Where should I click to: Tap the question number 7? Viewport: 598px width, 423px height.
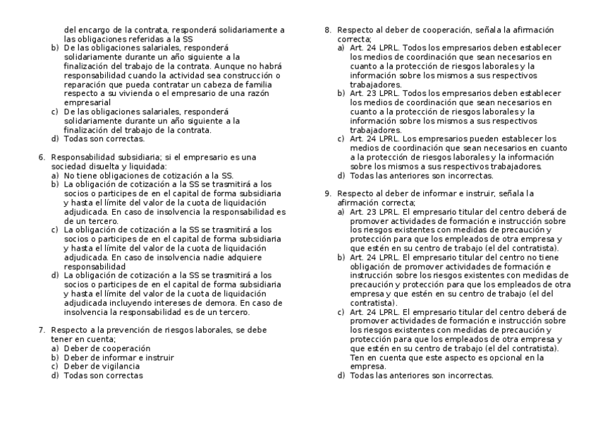coord(42,330)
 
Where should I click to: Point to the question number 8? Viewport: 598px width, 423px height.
coord(327,30)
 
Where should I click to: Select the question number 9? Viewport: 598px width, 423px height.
coord(327,193)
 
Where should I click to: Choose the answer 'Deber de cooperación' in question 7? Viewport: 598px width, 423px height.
coord(107,348)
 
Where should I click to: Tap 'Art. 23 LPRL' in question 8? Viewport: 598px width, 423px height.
coord(372,93)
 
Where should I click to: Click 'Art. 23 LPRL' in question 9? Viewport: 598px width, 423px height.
coord(372,211)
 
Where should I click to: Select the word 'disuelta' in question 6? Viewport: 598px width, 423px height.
coord(118,165)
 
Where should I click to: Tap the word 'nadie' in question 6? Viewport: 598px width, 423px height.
coord(186,258)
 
